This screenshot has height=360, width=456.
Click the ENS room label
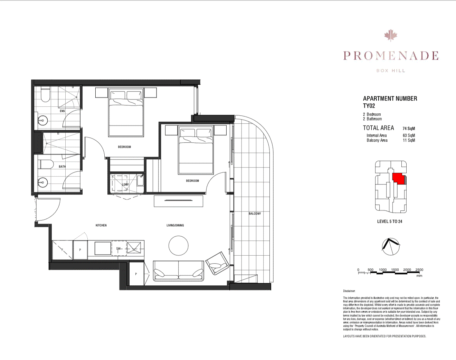(x=62, y=111)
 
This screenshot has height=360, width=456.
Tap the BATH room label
(x=62, y=167)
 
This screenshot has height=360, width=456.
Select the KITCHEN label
(x=101, y=225)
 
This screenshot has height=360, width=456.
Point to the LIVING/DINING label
(x=175, y=225)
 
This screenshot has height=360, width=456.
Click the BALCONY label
(x=255, y=214)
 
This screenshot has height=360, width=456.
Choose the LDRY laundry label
(x=125, y=184)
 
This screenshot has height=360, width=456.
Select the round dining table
(x=179, y=245)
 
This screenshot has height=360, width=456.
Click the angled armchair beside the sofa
(x=217, y=264)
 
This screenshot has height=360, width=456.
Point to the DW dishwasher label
(x=118, y=248)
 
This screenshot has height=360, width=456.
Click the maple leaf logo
(x=391, y=35)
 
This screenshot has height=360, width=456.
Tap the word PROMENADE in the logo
(x=391, y=56)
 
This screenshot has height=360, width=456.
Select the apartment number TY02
(x=369, y=106)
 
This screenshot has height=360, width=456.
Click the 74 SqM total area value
(x=409, y=129)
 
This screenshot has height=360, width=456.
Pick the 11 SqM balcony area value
(x=409, y=140)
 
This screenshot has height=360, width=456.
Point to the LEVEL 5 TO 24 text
(x=390, y=221)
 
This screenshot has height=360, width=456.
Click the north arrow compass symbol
(x=390, y=246)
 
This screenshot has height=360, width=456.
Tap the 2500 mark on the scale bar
(x=419, y=270)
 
